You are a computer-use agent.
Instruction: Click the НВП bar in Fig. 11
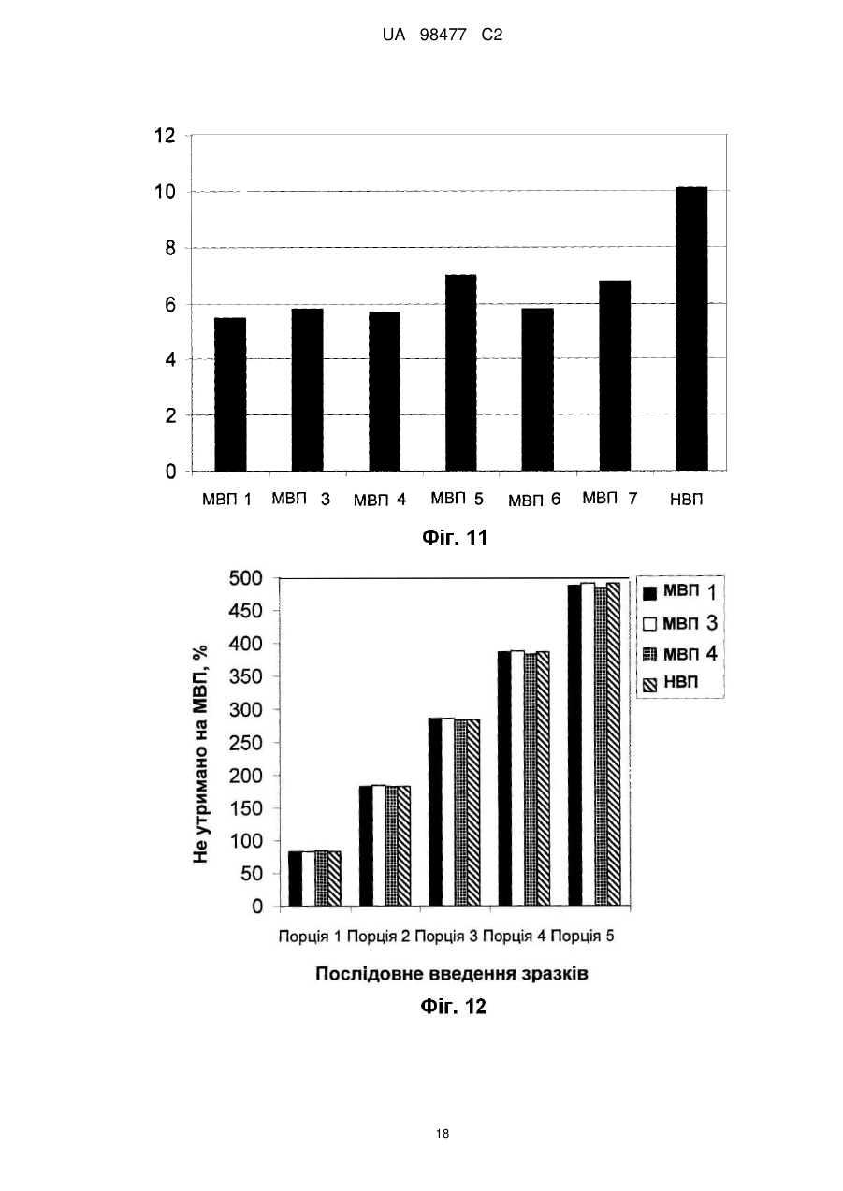coord(691,328)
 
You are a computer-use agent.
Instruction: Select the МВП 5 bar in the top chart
coord(461,372)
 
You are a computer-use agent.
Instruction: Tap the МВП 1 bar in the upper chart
coord(230,394)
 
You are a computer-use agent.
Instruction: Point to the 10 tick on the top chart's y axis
coord(165,192)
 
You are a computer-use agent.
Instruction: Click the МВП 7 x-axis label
coord(609,499)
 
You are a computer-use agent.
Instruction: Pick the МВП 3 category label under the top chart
coord(300,499)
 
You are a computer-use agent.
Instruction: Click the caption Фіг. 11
coord(455,538)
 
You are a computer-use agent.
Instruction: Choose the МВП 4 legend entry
coord(679,653)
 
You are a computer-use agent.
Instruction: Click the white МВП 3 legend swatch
coord(649,624)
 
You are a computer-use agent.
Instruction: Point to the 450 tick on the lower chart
coord(246,611)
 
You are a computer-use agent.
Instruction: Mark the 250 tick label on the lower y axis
coord(246,742)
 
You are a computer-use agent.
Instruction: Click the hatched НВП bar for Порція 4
coord(543,778)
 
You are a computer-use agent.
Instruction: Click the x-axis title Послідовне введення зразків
coord(452,974)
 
